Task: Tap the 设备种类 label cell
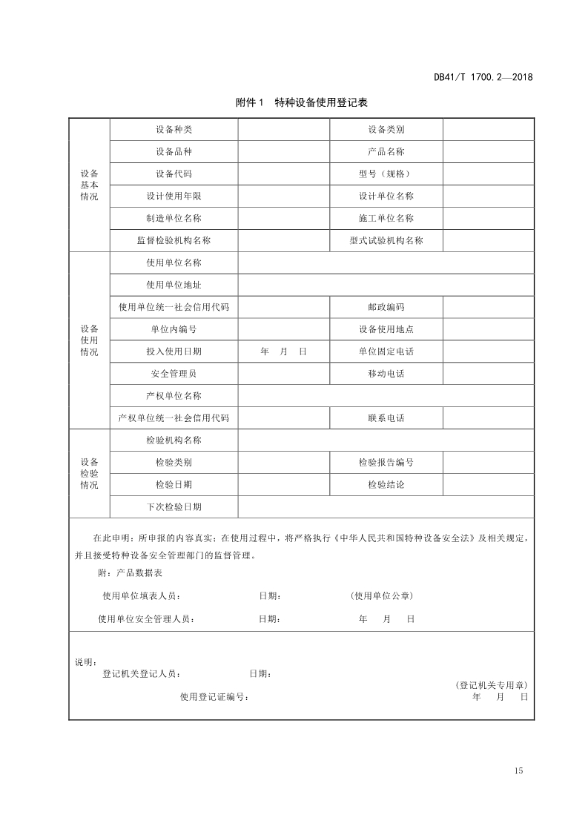(x=174, y=130)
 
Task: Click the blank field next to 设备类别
(x=488, y=130)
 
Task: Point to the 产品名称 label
(x=386, y=152)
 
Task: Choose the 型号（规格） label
(x=386, y=174)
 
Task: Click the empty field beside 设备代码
(x=283, y=174)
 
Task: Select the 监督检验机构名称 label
(x=174, y=241)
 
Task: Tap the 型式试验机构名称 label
(x=386, y=241)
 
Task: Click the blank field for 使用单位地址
(x=386, y=285)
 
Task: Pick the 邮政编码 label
(x=386, y=308)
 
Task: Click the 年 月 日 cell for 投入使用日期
(x=283, y=352)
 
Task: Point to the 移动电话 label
(x=386, y=374)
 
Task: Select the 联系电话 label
(x=386, y=419)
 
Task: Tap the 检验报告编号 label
(x=386, y=463)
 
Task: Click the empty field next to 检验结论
(x=488, y=485)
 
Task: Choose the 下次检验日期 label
(x=174, y=507)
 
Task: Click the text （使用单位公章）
(x=381, y=596)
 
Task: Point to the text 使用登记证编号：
(x=214, y=697)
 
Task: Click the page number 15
(x=518, y=771)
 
